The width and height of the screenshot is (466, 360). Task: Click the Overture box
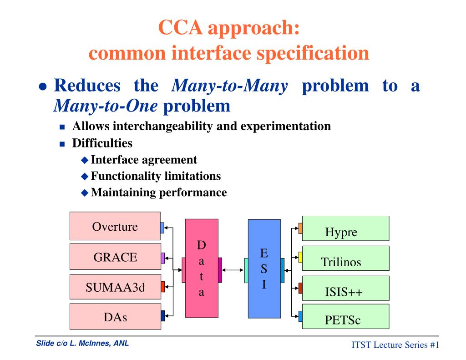[115, 226]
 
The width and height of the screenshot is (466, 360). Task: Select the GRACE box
[115, 257]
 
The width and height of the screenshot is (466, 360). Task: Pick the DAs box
[115, 316]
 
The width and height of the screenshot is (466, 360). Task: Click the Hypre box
[345, 228]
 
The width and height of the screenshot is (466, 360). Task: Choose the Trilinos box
[345, 258]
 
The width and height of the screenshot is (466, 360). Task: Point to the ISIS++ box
[345, 288]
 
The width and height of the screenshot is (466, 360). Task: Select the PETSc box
[345, 317]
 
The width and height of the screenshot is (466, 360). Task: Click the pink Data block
[202, 268]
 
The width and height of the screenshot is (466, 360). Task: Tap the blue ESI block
[264, 268]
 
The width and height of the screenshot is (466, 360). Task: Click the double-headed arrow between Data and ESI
[233, 270]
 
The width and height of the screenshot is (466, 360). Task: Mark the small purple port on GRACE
[162, 258]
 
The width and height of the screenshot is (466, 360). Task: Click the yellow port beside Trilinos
[300, 258]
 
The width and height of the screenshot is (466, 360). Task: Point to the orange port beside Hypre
[300, 228]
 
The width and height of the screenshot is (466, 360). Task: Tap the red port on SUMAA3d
[162, 287]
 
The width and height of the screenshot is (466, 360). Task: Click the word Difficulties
[102, 143]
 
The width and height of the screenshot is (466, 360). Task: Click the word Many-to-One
[106, 106]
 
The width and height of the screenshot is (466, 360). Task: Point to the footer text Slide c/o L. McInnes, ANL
[82, 344]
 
